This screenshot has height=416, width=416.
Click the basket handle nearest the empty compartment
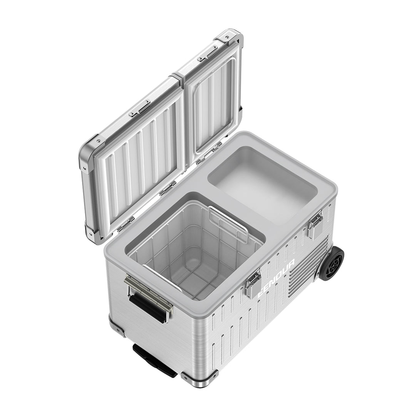[x=229, y=225]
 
